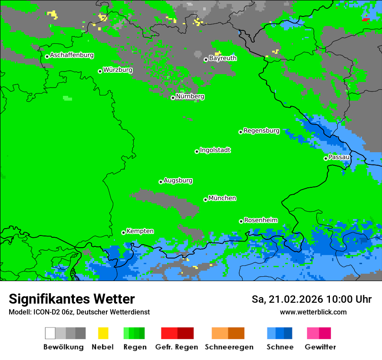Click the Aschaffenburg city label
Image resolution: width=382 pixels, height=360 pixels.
point(72,55)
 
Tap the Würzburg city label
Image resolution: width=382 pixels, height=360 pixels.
point(118,70)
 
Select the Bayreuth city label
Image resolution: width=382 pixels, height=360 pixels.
point(223,58)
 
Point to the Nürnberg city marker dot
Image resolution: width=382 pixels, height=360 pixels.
point(173,98)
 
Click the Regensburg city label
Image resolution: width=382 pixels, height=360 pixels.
point(261,131)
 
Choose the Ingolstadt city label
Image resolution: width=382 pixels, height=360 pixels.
point(215,150)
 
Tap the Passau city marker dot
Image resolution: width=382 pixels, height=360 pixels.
point(326,158)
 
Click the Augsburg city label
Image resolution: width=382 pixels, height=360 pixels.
point(178,180)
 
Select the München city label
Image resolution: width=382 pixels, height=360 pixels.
point(222,198)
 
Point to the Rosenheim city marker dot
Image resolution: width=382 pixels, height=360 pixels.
point(241,221)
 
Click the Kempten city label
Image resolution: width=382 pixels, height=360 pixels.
point(140,231)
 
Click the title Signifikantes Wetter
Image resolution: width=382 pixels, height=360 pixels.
point(72,299)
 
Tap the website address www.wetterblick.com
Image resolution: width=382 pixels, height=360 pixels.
point(313,312)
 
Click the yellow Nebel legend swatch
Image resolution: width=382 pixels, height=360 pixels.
point(103,333)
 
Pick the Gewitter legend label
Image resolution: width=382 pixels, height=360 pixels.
point(320,347)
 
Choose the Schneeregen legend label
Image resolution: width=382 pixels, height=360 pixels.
point(229,347)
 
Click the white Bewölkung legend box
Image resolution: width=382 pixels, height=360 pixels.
point(50,333)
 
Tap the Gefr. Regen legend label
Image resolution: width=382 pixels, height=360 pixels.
point(177,347)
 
